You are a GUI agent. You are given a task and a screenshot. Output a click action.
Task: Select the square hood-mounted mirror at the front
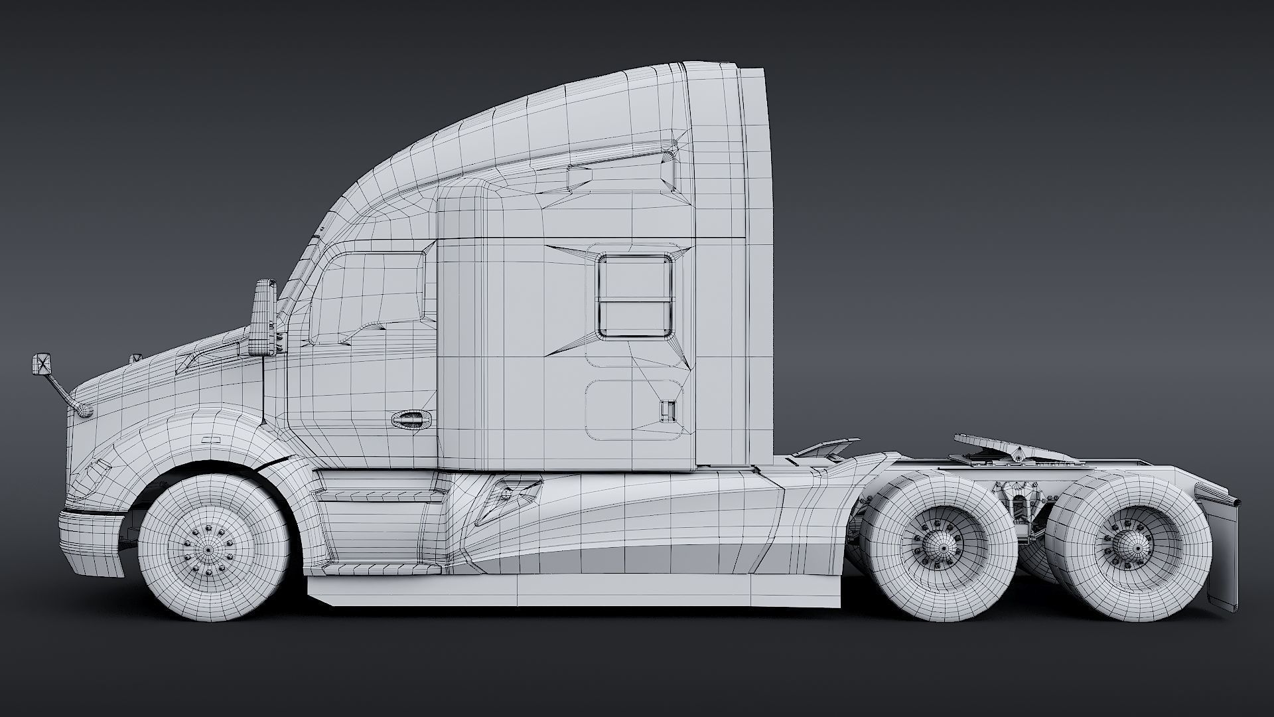point(42,364)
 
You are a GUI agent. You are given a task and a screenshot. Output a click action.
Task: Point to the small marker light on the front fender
point(213,439)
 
